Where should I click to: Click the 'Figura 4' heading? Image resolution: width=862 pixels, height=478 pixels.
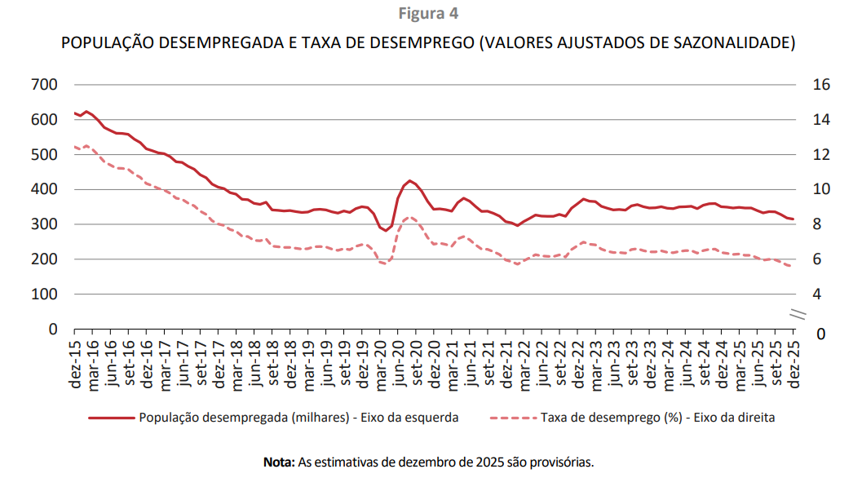430,13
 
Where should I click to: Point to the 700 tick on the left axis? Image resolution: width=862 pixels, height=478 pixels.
42,85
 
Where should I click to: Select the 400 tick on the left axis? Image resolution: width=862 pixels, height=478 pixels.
42,189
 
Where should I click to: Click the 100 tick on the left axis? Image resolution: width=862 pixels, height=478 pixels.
42,294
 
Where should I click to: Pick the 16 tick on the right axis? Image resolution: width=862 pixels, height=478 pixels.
820,85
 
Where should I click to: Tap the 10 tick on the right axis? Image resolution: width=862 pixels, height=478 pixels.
820,189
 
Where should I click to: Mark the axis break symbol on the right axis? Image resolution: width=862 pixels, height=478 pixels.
798,313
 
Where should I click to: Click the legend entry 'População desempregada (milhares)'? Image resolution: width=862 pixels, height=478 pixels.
298,418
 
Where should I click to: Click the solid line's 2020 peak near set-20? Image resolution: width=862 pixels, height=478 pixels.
410,180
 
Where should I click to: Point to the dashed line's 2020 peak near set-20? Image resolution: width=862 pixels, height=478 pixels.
410,218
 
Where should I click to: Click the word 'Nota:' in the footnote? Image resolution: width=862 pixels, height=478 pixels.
278,462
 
